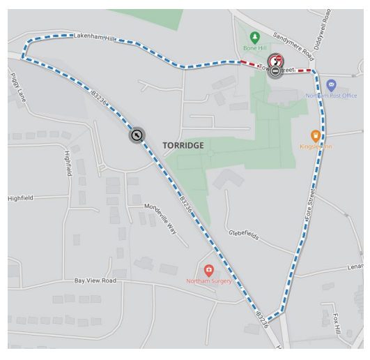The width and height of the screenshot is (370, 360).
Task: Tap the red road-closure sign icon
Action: [277, 61]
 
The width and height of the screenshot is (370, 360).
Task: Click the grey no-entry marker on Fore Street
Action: [276, 71]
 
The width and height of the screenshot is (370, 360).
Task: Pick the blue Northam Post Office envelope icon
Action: [331, 84]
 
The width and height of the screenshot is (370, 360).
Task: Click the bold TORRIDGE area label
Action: [183, 145]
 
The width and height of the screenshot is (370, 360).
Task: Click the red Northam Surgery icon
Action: [208, 269]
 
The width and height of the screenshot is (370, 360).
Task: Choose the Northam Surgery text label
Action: [208, 282]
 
